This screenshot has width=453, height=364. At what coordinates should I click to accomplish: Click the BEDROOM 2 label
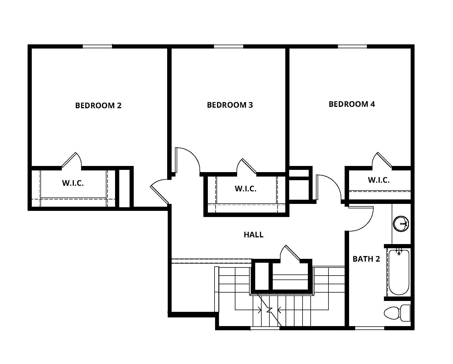98,105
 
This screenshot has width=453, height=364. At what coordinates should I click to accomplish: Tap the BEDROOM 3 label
230,105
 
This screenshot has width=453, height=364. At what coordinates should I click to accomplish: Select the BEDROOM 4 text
352,104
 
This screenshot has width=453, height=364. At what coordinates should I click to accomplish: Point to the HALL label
253,235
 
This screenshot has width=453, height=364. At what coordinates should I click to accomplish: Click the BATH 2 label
366,259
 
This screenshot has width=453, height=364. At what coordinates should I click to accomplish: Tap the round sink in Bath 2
401,224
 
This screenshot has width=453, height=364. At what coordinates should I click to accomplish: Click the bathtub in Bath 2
399,272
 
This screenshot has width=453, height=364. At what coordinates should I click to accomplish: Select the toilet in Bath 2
397,313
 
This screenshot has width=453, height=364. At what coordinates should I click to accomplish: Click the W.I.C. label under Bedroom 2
73,183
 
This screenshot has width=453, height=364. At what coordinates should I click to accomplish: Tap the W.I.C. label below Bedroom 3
245,189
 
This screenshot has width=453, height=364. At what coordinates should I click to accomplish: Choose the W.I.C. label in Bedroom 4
379,180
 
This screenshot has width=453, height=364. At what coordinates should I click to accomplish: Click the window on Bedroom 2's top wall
97,46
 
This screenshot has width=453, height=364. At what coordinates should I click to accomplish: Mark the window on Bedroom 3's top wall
228,46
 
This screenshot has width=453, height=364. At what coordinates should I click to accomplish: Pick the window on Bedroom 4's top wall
352,46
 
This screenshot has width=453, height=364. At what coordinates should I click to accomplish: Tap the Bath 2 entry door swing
362,219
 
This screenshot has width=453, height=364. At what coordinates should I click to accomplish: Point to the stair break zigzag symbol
269,310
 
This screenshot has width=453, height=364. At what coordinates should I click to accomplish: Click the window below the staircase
265,328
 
